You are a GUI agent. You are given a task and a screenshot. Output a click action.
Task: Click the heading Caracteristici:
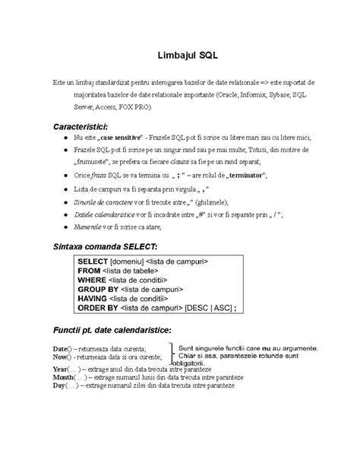pos(80,125)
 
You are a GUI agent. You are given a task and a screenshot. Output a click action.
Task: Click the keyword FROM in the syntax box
pos(90,271)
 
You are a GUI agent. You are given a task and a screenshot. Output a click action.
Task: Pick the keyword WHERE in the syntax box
pos(93,280)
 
